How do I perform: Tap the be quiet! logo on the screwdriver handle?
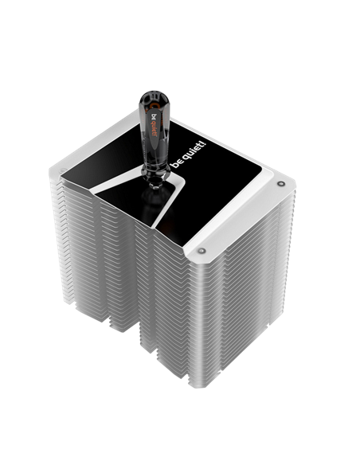coord(155,125)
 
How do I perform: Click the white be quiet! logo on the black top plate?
coord(190,154)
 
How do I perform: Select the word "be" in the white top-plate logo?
coord(177,163)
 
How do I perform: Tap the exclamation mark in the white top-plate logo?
coord(203,144)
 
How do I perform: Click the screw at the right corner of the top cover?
coord(280,184)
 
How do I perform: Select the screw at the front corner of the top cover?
coord(202,251)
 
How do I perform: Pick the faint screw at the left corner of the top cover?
coord(61,171)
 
